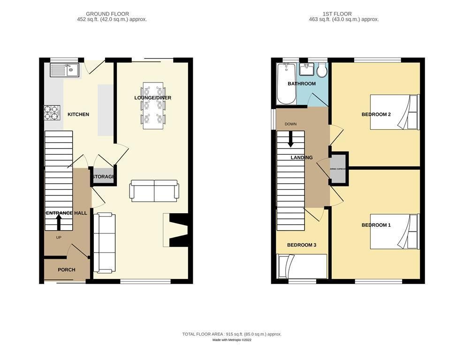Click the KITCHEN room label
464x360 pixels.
click(78, 114)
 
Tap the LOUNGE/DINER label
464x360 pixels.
click(153, 98)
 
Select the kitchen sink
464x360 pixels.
click(65, 71)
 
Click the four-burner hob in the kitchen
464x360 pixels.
click(52, 112)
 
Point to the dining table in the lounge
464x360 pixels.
click(153, 105)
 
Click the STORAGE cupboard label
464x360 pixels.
click(103, 177)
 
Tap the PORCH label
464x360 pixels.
click(66, 270)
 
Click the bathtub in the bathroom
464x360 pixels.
click(286, 83)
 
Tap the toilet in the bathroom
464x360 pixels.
click(322, 71)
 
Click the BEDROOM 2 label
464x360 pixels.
click(376, 114)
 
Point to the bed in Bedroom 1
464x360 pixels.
click(394, 232)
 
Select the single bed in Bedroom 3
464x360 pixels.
click(302, 266)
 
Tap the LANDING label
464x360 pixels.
click(301, 157)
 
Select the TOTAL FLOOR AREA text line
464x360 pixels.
click(232, 334)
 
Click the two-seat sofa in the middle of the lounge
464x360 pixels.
click(154, 191)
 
